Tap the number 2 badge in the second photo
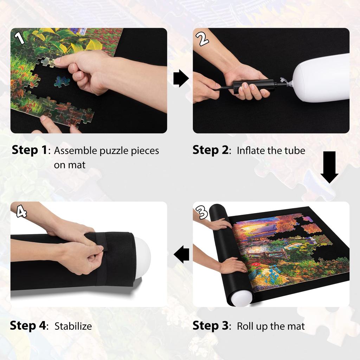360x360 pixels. (x=204, y=38)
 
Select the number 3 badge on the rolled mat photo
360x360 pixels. (x=202, y=212)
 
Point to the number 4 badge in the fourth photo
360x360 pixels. (x=21, y=211)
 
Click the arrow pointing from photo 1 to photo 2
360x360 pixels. (x=181, y=78)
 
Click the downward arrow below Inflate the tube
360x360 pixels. (x=329, y=167)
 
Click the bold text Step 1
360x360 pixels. (x=30, y=150)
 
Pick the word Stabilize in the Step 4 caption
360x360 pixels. (x=73, y=326)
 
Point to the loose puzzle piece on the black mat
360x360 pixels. (x=62, y=82)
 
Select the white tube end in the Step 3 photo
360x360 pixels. (x=242, y=298)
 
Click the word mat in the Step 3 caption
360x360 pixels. (x=296, y=326)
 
